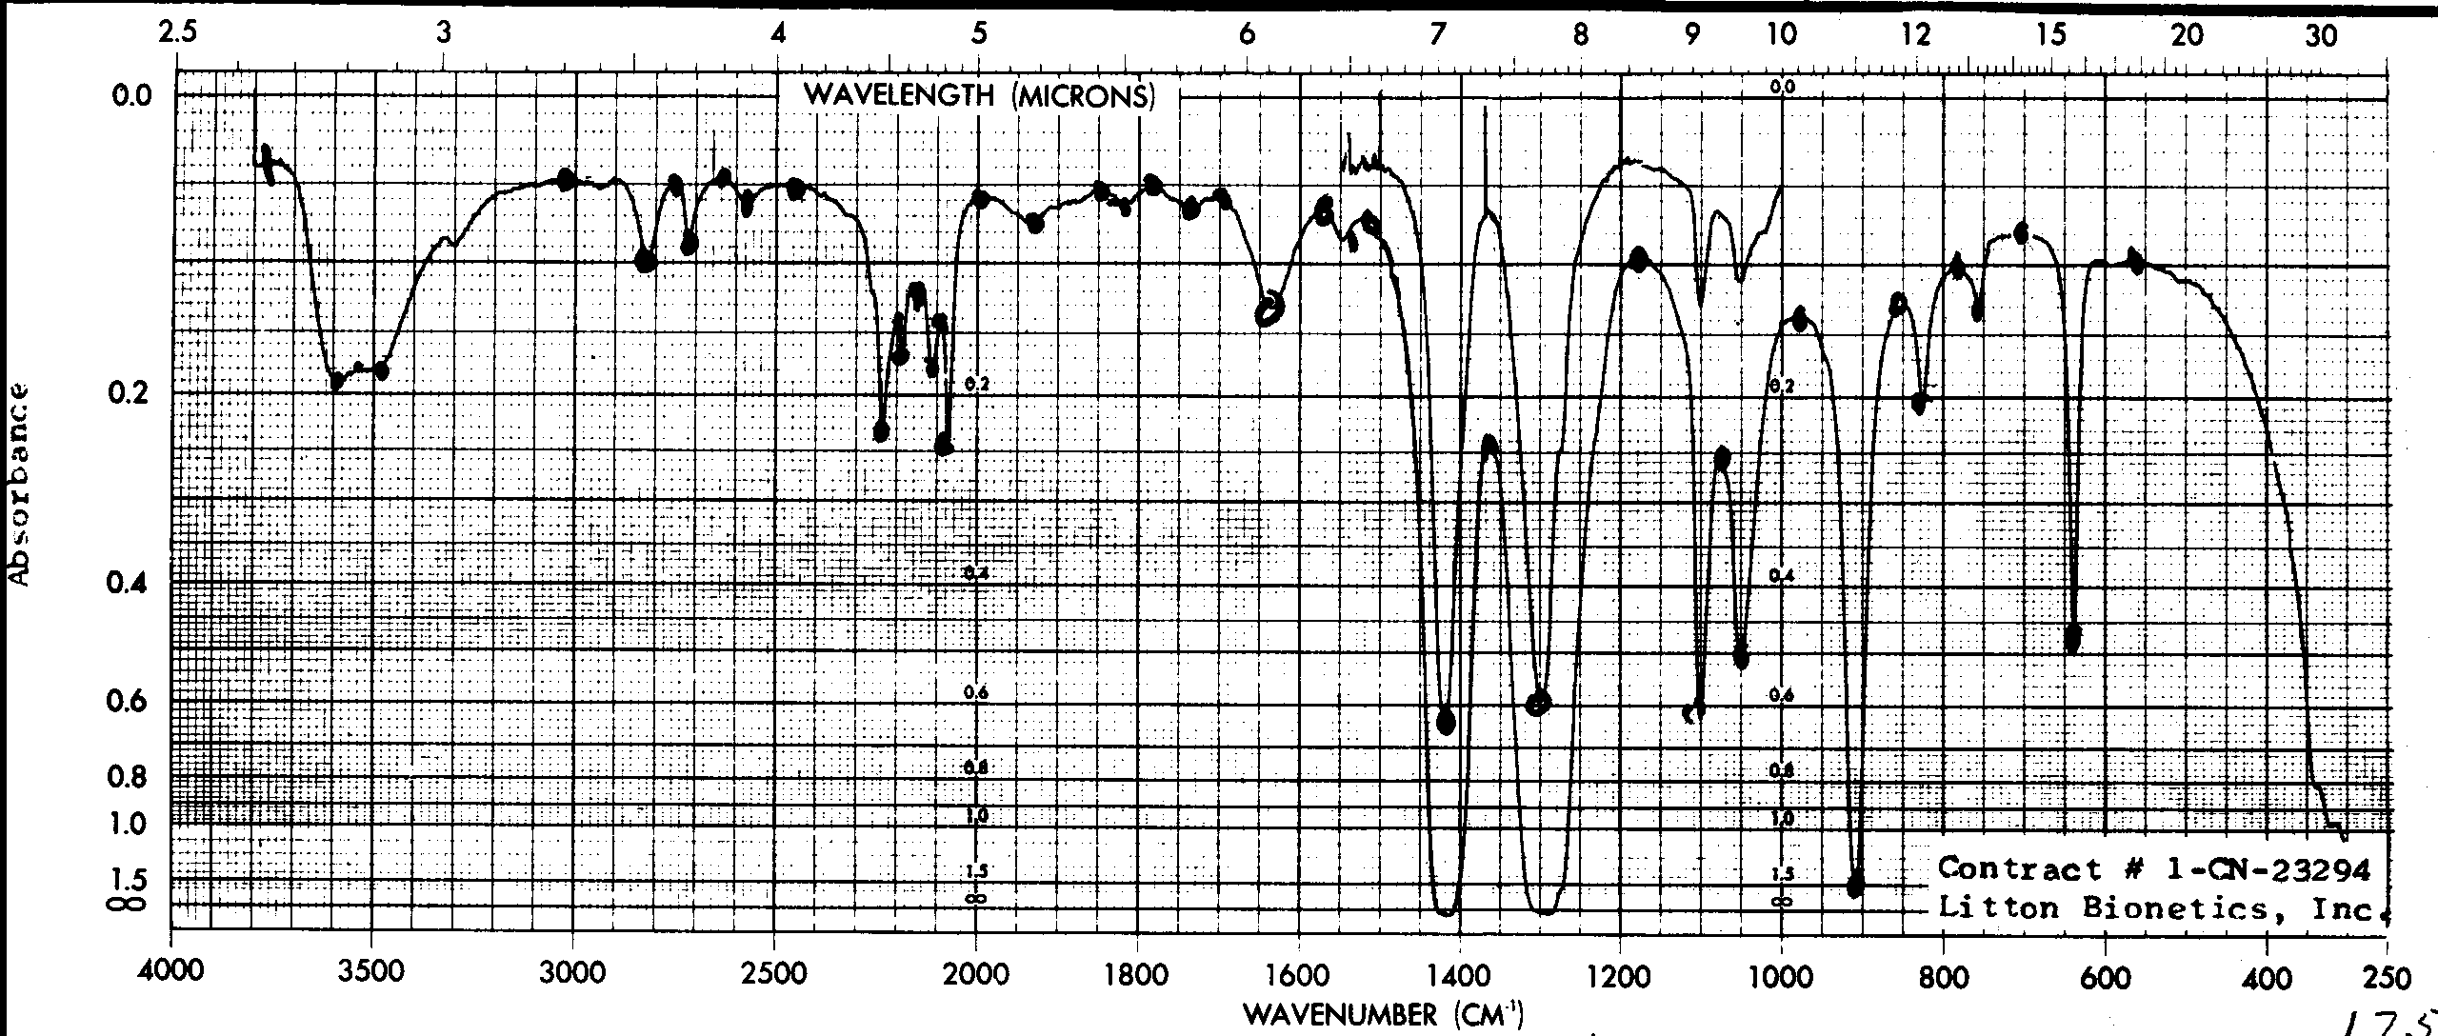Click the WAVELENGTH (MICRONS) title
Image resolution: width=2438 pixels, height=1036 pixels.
pyautogui.click(x=979, y=95)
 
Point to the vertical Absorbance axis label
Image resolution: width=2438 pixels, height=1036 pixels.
pyautogui.click(x=21, y=486)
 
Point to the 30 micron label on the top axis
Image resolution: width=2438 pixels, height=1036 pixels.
pyautogui.click(x=2321, y=36)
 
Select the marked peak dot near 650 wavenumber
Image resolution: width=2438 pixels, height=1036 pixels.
pyautogui.click(x=2072, y=638)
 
